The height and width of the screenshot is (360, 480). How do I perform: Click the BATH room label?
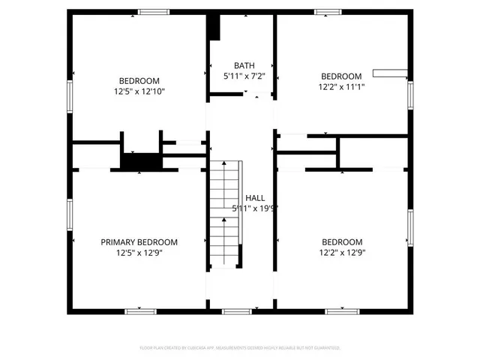pos(244,65)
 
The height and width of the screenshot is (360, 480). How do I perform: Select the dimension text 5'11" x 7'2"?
pos(244,76)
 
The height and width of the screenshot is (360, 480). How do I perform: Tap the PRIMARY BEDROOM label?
pos(139,242)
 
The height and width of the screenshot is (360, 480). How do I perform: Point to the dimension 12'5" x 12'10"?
pos(139,91)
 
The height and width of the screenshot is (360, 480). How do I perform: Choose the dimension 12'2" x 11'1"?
pos(341,87)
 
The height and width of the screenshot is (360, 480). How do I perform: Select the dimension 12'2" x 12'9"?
pos(341,253)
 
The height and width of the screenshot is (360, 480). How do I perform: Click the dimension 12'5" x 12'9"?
pos(139,253)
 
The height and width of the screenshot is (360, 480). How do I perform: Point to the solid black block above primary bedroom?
pos(142,162)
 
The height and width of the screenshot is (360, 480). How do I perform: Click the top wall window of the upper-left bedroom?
pos(154,11)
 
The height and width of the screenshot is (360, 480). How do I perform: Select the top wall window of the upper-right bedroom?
pos(328,11)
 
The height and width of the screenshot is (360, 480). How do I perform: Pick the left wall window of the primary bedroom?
pos(70,217)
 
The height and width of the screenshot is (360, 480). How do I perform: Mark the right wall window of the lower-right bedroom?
pos(410,229)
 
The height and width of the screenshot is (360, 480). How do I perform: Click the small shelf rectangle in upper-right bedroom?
pos(391,73)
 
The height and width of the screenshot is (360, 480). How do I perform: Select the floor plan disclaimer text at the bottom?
pos(240,348)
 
